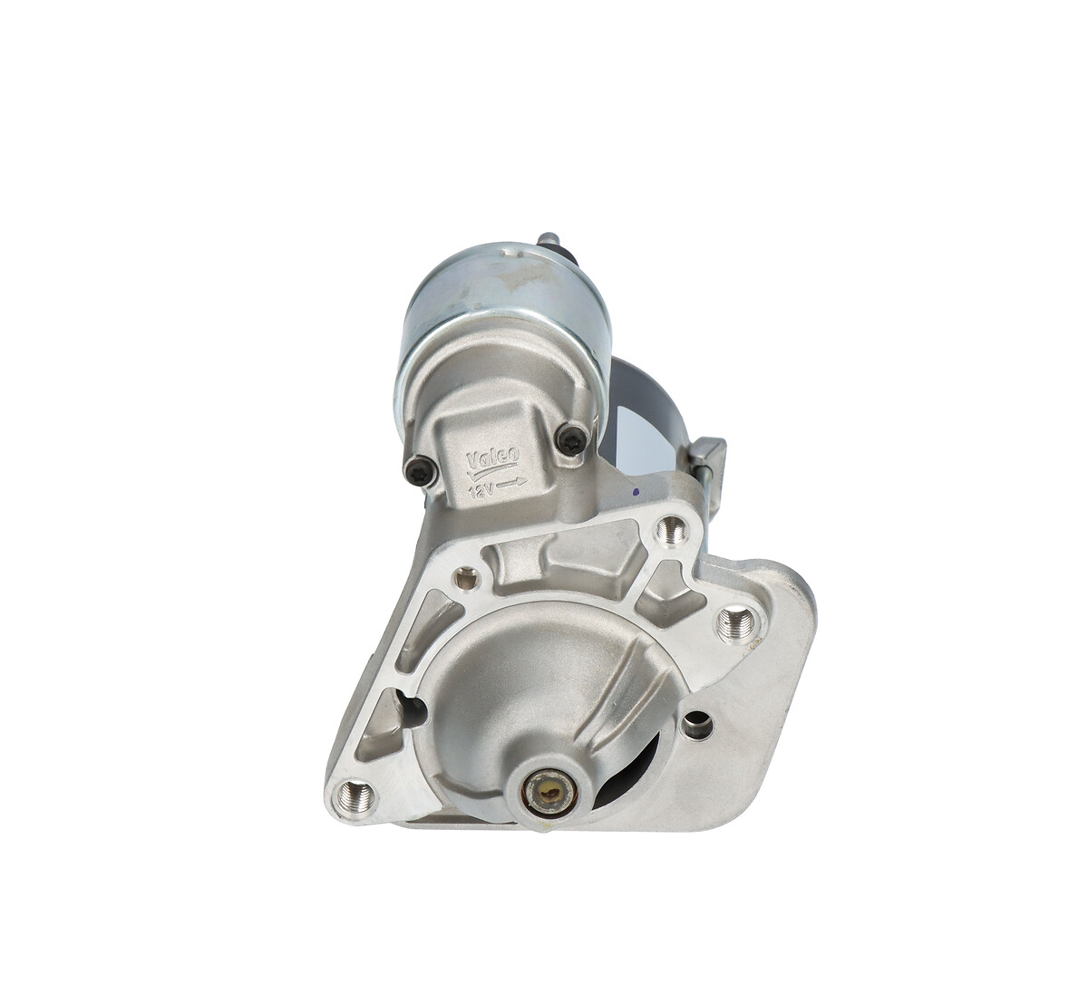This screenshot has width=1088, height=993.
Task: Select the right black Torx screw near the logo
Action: (569, 440)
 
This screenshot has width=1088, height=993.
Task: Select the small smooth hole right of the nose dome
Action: (696, 723)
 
